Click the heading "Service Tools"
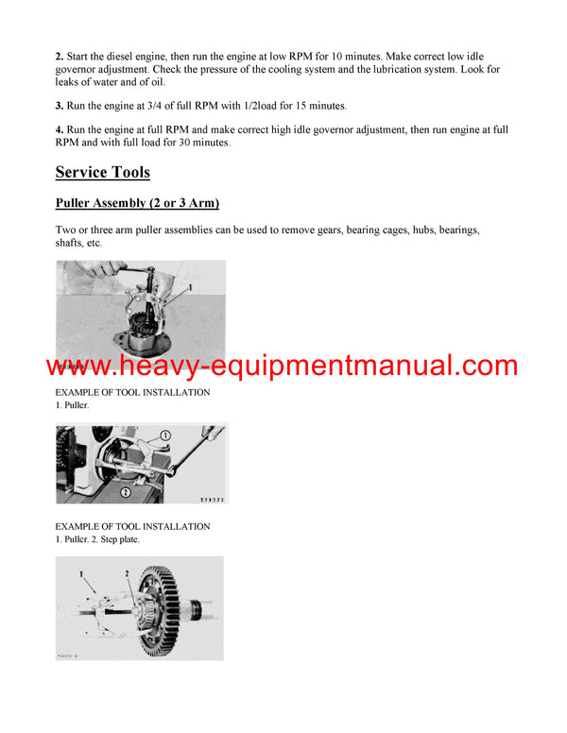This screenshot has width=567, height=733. [x=102, y=172]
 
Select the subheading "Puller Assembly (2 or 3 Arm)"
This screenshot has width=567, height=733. [x=137, y=204]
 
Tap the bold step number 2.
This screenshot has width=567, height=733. [x=59, y=58]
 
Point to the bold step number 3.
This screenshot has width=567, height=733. [x=59, y=105]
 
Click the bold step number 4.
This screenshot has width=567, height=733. [x=59, y=129]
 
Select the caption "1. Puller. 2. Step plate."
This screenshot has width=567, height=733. [x=96, y=539]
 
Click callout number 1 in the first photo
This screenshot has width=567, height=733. [x=190, y=285]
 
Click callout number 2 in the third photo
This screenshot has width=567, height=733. [x=127, y=573]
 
